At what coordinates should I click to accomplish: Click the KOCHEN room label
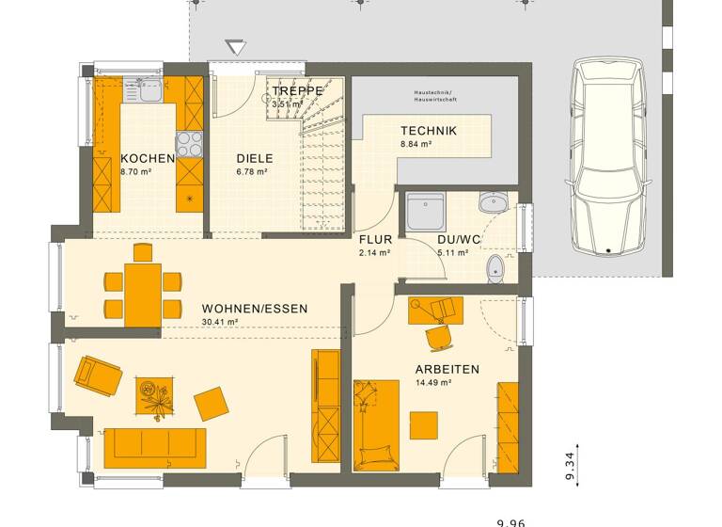click(x=148, y=158)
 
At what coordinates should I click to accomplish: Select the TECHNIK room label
click(x=428, y=131)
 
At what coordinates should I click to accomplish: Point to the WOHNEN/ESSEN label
click(x=254, y=309)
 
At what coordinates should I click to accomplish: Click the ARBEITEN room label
click(x=447, y=369)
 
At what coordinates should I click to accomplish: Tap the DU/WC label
click(x=459, y=239)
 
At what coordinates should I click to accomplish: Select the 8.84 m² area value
click(x=416, y=145)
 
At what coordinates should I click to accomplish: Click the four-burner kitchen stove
click(x=189, y=143)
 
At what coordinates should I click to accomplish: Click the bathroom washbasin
click(x=492, y=202)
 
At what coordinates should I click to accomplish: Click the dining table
click(x=143, y=294)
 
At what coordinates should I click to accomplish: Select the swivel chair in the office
click(x=438, y=336)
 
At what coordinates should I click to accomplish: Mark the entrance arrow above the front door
click(x=235, y=48)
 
